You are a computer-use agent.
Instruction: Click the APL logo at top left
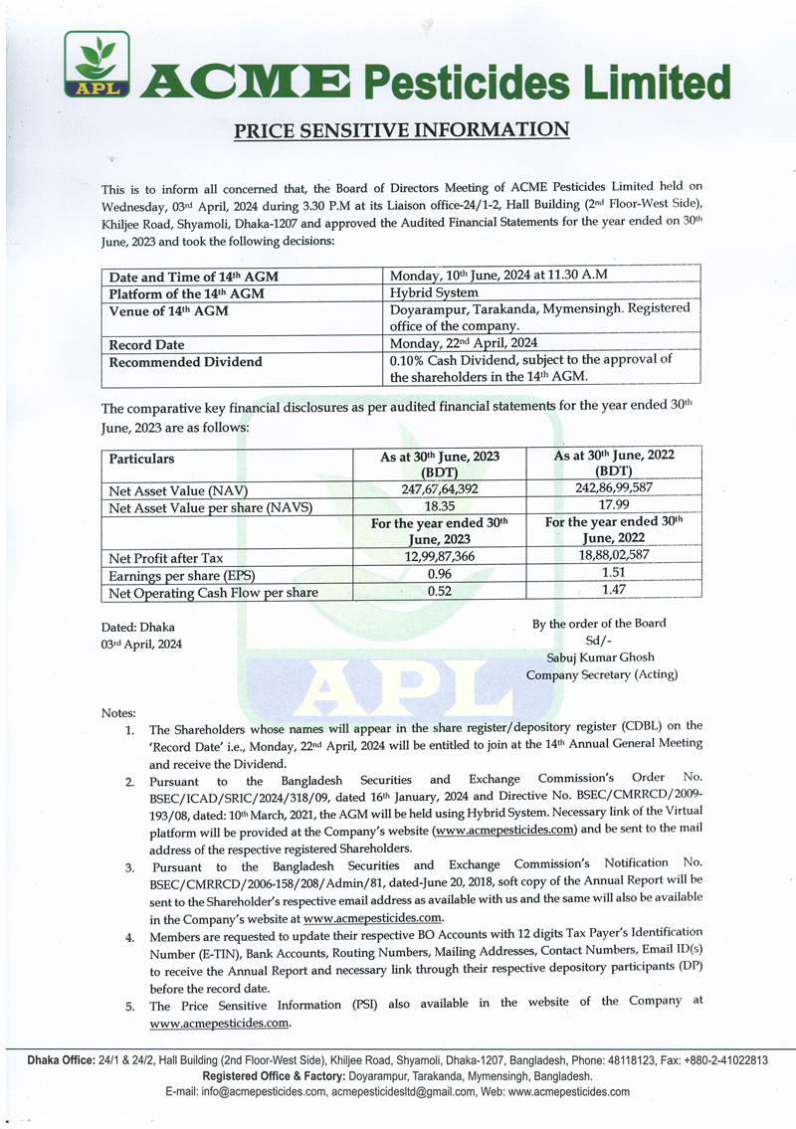tap(97, 67)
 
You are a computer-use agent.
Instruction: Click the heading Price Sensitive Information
tap(401, 129)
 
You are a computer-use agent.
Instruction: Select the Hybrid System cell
tap(434, 292)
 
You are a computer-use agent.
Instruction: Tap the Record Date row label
tap(146, 344)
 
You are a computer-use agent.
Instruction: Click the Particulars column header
tap(141, 459)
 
